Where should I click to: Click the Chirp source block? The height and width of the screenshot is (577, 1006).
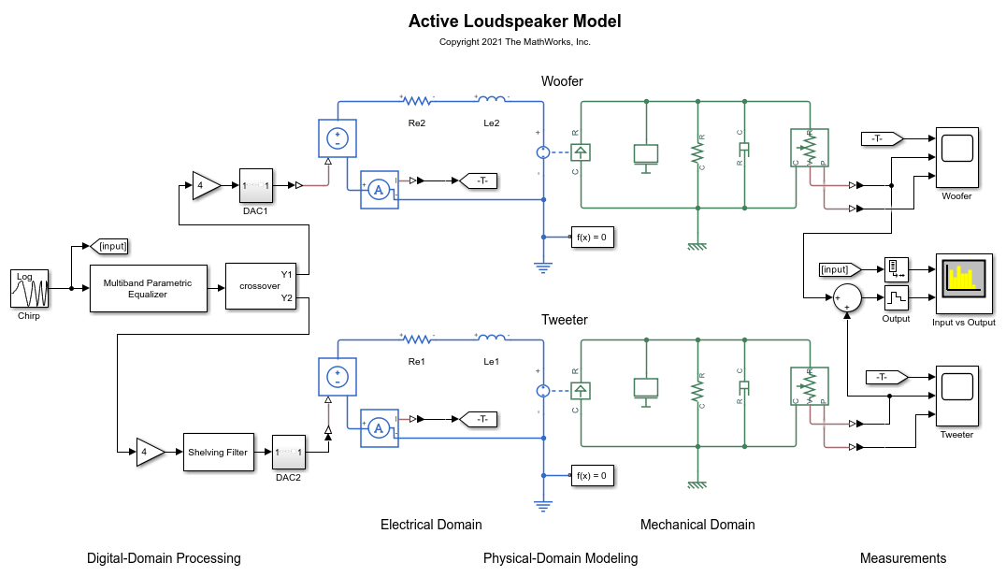pos(29,289)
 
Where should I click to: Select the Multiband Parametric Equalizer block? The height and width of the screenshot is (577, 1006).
pos(148,288)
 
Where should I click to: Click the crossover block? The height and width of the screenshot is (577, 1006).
pos(260,286)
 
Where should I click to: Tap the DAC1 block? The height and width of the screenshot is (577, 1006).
pos(256,185)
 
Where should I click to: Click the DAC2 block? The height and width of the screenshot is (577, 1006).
pos(288,452)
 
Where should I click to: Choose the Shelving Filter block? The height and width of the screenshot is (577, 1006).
pos(217,452)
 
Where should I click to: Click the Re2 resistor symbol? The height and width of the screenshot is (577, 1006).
pos(417,100)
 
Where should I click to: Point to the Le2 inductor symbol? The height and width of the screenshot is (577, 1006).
pos(492,99)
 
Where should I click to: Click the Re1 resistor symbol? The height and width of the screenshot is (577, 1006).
pos(417,339)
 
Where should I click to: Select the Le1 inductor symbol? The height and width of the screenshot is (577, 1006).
pos(492,338)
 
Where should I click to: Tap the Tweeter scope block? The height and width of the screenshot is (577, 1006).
pos(956,397)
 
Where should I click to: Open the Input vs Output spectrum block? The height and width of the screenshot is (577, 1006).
pos(963,283)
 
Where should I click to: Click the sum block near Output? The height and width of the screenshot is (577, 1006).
pos(847,297)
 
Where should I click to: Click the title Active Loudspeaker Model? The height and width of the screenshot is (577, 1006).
pos(514,21)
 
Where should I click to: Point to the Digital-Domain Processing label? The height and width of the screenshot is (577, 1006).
pos(164,558)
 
